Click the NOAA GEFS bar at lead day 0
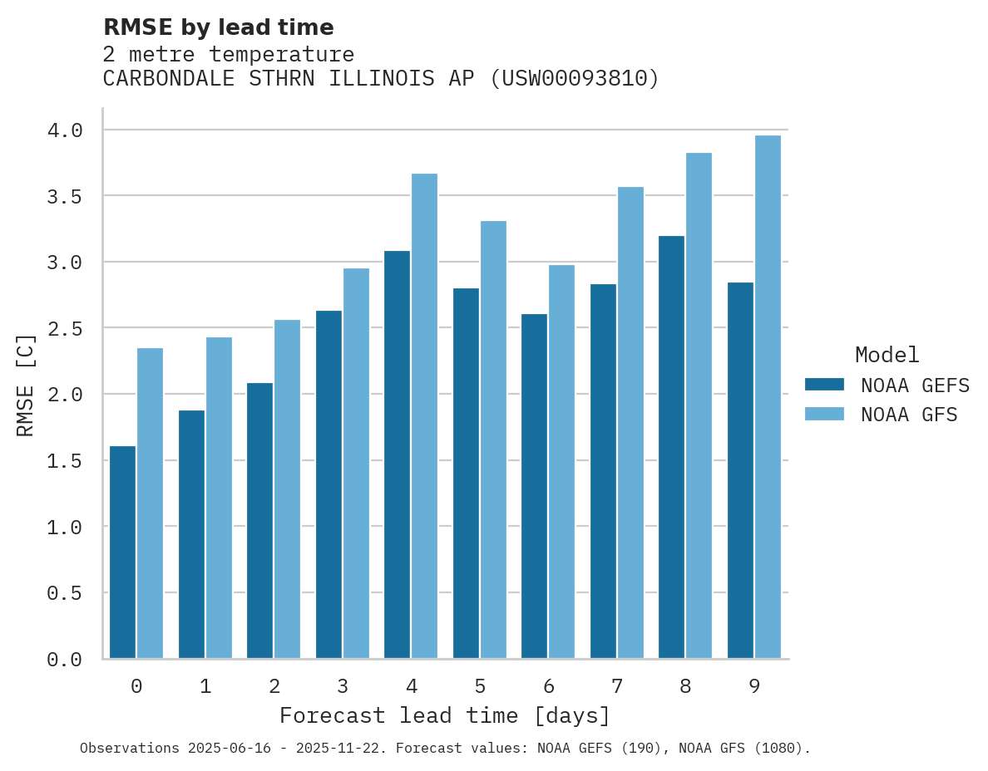click(x=122, y=552)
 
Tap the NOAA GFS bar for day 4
click(x=424, y=416)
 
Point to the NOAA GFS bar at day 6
click(x=561, y=462)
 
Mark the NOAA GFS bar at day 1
click(x=219, y=498)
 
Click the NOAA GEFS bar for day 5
click(x=466, y=474)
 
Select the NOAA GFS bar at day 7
click(x=630, y=423)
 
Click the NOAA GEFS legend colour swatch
click(x=824, y=385)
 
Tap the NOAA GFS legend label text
click(x=909, y=415)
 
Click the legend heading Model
click(x=887, y=355)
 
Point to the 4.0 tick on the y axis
click(x=65, y=130)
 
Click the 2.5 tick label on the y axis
click(x=65, y=329)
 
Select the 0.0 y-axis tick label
click(x=65, y=660)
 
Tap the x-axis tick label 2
click(x=274, y=686)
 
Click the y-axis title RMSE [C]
click(x=26, y=385)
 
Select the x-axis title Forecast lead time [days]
click(x=445, y=715)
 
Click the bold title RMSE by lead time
click(x=218, y=27)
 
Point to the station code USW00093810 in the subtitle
click(x=574, y=79)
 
